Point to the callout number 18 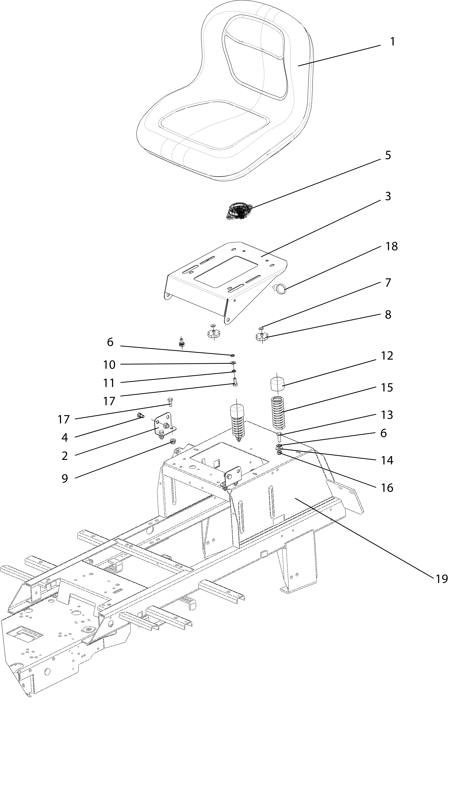[x=391, y=246]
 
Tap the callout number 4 [x=64, y=437]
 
